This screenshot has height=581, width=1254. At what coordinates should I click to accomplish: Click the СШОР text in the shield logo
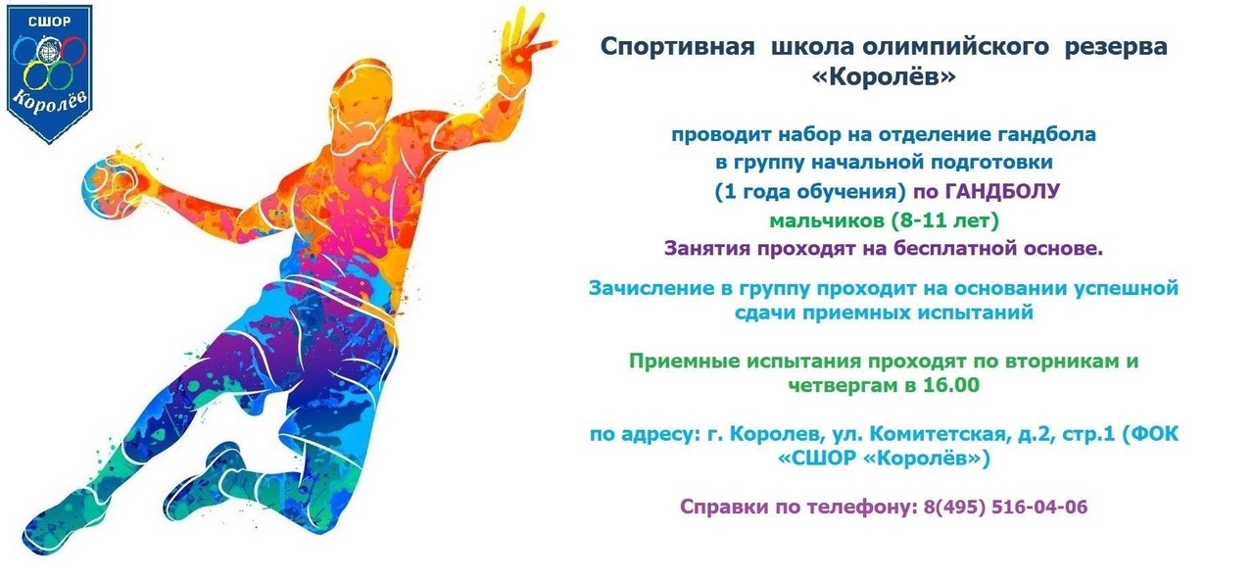[x=49, y=22]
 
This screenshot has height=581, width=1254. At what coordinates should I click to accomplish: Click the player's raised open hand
[x=523, y=49]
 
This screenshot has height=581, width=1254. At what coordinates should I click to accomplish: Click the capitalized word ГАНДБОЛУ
[x=1002, y=191]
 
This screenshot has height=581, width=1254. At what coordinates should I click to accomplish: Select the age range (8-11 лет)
[x=944, y=221]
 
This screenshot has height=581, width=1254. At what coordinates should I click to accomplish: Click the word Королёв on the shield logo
[x=50, y=103]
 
